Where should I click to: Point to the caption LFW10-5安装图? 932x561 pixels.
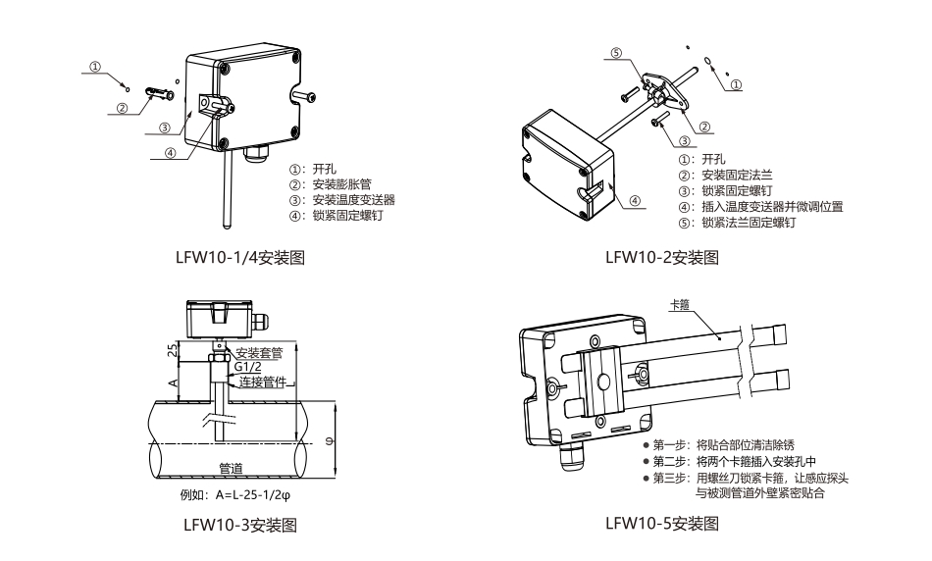(663, 525)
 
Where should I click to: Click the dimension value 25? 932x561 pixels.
(172, 350)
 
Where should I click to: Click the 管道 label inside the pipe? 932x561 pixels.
(232, 469)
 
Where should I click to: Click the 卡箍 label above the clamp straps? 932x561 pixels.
(679, 305)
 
